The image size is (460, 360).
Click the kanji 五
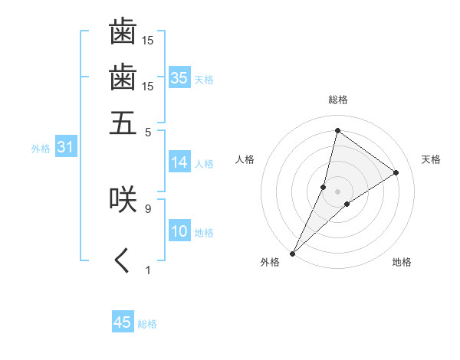click(x=123, y=123)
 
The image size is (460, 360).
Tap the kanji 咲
click(x=123, y=198)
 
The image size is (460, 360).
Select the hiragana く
click(x=123, y=261)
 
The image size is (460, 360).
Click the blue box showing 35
click(x=179, y=78)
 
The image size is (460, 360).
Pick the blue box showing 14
click(x=179, y=162)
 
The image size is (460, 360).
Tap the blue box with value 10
click(x=179, y=232)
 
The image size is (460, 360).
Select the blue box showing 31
click(x=64, y=148)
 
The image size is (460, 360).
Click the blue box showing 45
click(x=123, y=322)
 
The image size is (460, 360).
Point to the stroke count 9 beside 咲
click(x=147, y=208)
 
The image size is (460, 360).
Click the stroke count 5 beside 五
click(x=147, y=131)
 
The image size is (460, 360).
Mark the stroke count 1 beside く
click(x=147, y=270)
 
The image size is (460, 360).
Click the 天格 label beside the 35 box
click(x=204, y=79)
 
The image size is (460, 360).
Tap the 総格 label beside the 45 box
click(x=147, y=323)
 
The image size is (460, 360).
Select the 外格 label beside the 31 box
click(x=41, y=149)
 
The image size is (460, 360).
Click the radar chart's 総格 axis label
click(x=337, y=100)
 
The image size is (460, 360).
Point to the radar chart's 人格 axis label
click(x=245, y=159)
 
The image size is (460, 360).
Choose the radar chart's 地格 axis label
click(x=402, y=262)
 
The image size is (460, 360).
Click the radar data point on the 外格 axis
click(x=293, y=253)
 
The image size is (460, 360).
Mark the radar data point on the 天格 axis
click(x=396, y=173)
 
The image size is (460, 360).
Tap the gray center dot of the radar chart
click(x=337, y=181)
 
